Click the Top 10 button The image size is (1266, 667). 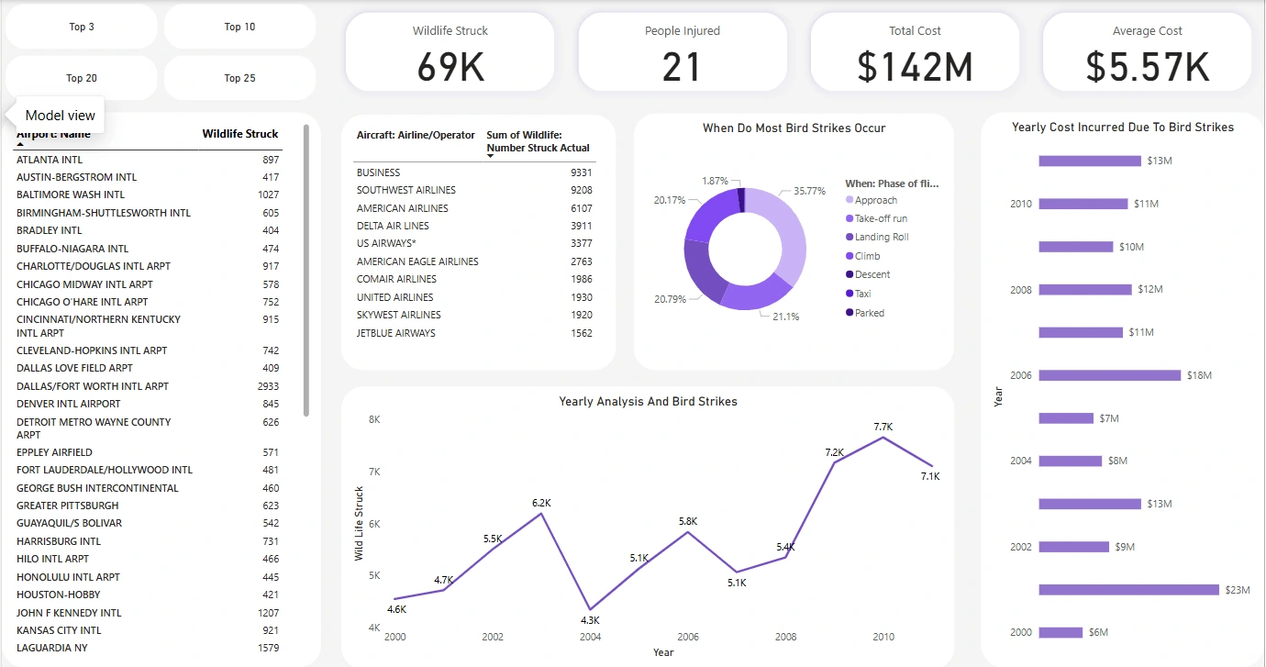(x=239, y=27)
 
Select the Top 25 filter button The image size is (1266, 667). (x=239, y=78)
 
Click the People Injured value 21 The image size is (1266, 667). (x=682, y=67)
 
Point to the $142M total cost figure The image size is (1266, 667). (x=915, y=67)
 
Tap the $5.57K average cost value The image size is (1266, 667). (x=1147, y=67)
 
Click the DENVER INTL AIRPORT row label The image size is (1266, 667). (x=69, y=404)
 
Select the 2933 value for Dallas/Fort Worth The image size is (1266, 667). (x=268, y=386)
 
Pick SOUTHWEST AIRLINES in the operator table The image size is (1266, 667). (x=406, y=190)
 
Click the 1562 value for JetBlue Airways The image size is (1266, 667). (x=581, y=333)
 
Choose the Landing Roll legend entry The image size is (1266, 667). (x=882, y=238)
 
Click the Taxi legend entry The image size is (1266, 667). (x=863, y=294)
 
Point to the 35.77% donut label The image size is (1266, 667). (x=810, y=191)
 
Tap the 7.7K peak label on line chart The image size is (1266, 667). (x=883, y=427)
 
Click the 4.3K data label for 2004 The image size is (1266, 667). (x=589, y=620)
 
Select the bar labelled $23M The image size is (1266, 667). (x=1128, y=590)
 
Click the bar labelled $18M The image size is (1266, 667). (x=1109, y=375)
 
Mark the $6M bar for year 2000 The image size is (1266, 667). (x=1061, y=632)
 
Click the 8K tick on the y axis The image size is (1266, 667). (x=374, y=419)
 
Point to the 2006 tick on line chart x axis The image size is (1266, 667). (x=687, y=637)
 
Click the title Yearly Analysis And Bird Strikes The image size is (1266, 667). (x=648, y=402)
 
